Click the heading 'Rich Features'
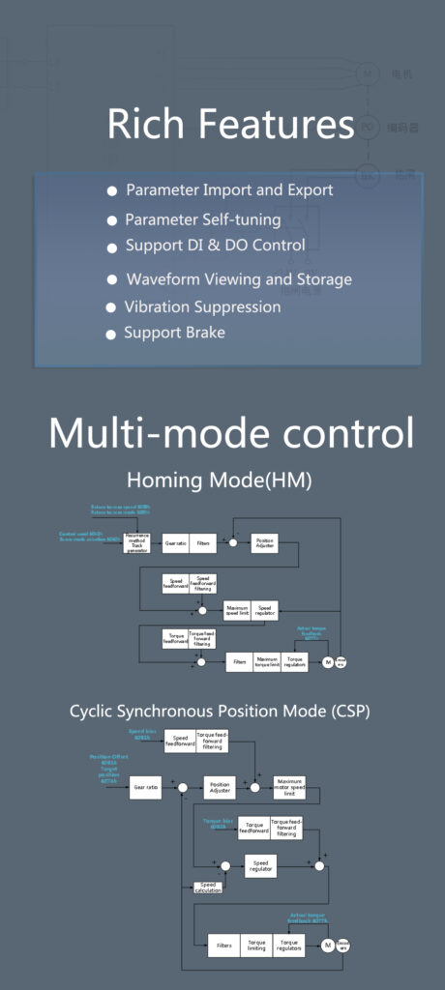click(230, 126)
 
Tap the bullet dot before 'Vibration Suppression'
click(111, 308)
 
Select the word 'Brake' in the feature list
click(206, 334)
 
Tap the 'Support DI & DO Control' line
click(215, 246)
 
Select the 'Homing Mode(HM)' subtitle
click(220, 480)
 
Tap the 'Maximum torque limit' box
click(267, 662)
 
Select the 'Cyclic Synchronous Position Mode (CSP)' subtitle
click(220, 712)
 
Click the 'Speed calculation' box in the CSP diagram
click(206, 887)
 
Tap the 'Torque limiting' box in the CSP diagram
click(255, 945)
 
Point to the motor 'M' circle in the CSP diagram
click(328, 945)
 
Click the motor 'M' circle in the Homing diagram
click(328, 662)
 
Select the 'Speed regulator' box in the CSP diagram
click(259, 866)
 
